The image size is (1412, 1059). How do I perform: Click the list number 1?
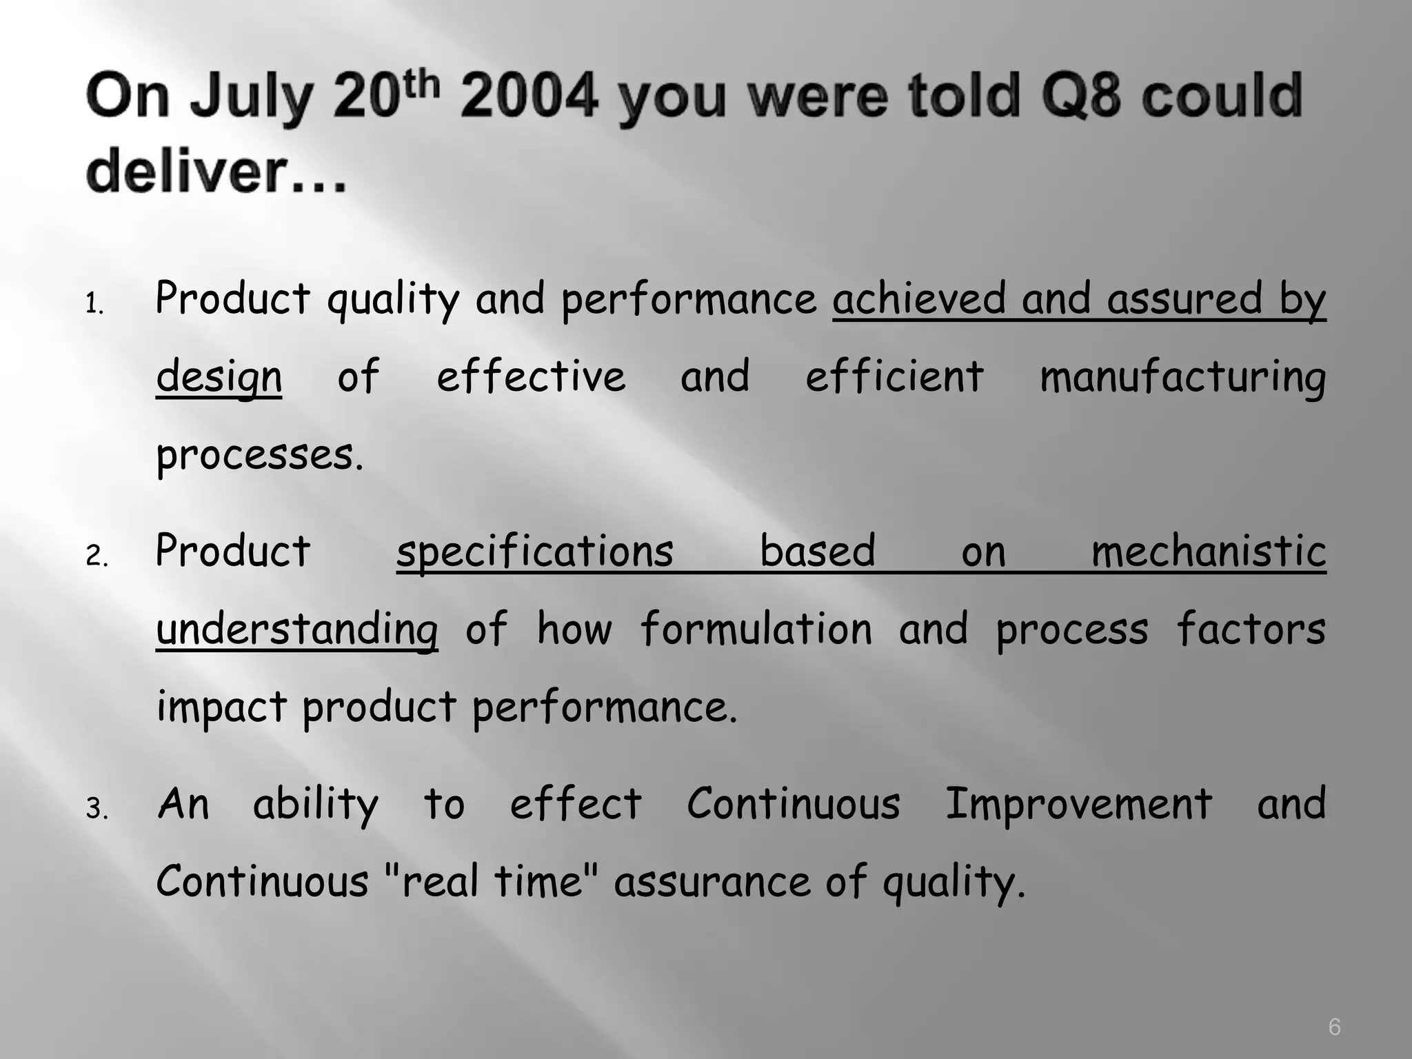pos(94,304)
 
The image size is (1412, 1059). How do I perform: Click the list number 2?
pos(97,556)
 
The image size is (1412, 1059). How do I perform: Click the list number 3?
pos(97,809)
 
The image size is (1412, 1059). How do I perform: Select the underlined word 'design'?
pos(219,378)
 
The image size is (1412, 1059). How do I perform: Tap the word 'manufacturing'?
pos(1182,378)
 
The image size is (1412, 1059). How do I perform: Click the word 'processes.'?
pos(259,456)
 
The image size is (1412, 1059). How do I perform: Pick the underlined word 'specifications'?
pos(534,552)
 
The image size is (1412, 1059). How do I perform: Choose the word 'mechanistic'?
pos(1208,552)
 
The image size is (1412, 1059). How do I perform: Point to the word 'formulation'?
pos(756,629)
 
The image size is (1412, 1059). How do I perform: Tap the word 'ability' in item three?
pos(315,805)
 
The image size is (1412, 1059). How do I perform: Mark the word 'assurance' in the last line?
pos(712,882)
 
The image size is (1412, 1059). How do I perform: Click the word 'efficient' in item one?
pos(894,376)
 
